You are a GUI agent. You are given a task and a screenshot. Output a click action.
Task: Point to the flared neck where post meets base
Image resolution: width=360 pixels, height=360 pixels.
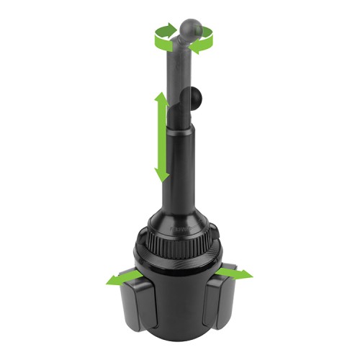(x=180, y=209)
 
